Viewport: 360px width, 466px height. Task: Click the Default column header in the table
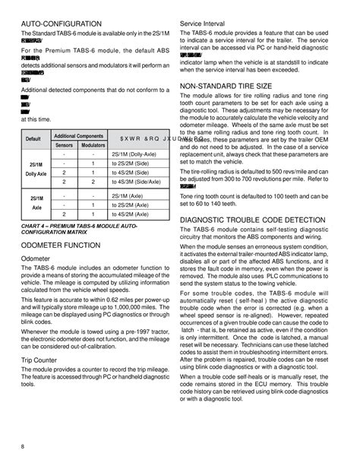tap(33, 138)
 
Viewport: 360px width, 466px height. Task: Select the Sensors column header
tap(65, 143)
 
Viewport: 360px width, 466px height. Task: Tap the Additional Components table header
tap(79, 135)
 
